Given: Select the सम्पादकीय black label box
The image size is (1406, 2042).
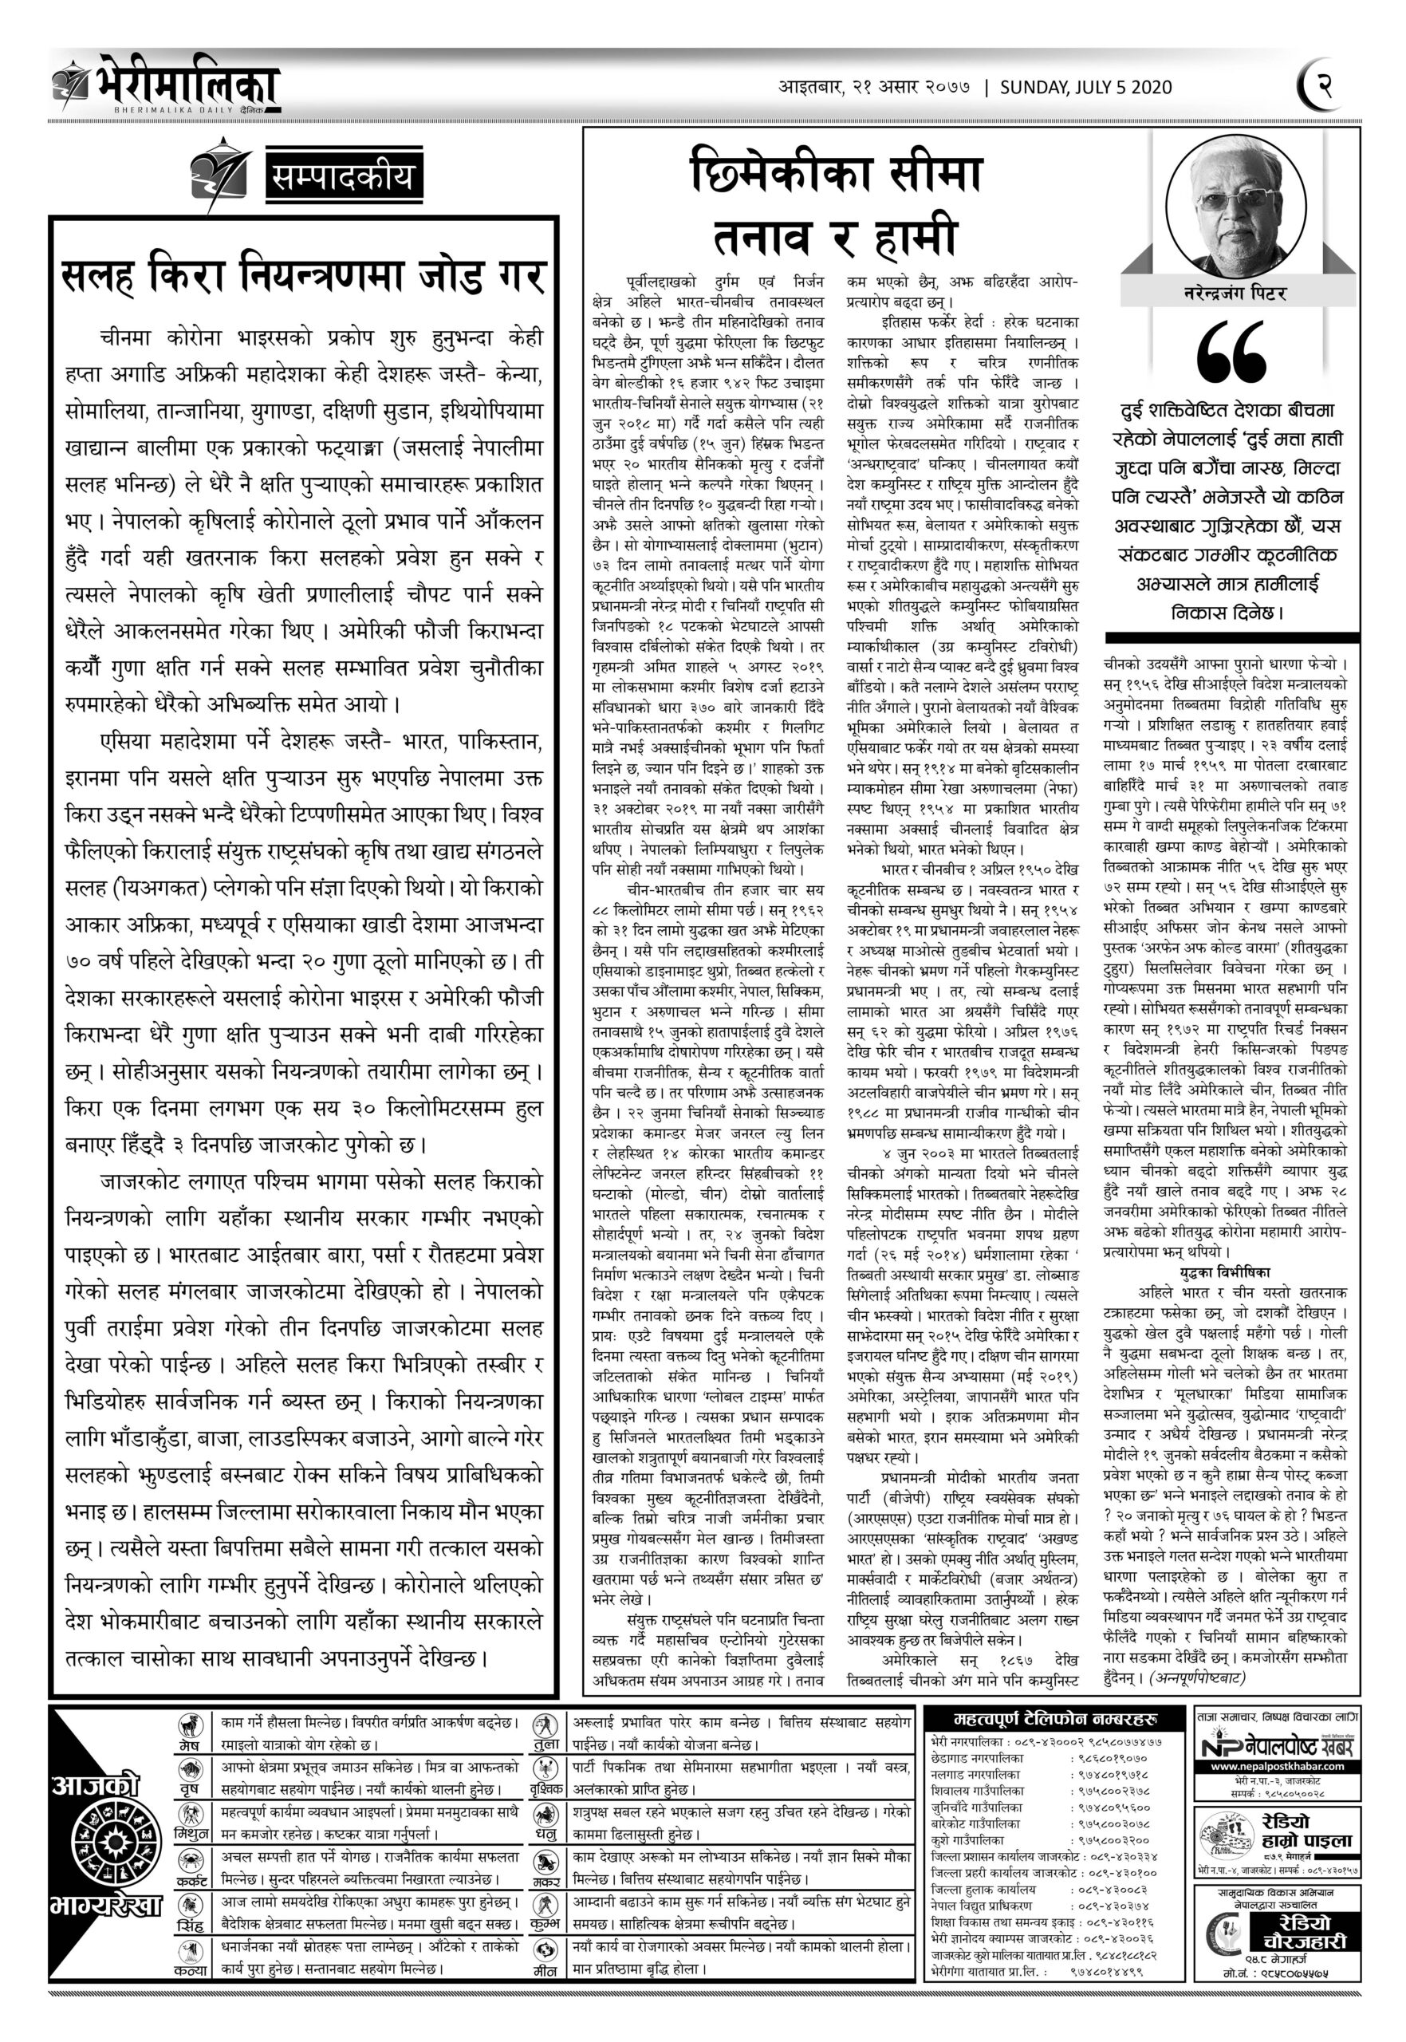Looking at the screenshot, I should pyautogui.click(x=343, y=179).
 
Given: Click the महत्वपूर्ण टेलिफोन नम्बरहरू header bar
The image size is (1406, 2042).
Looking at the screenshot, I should pyautogui.click(x=1054, y=1719).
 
